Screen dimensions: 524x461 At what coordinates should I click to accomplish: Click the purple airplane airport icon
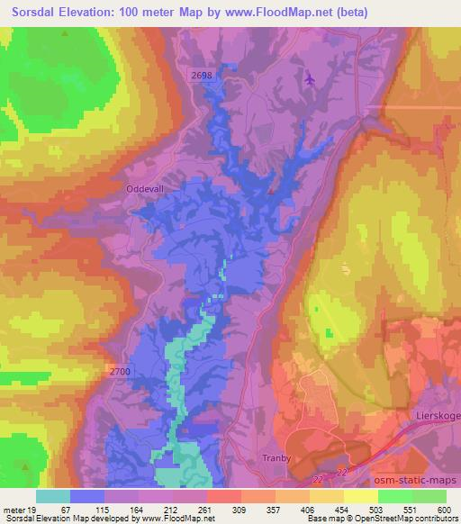pos(311,78)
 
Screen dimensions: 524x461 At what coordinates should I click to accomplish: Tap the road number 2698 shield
pos(202,77)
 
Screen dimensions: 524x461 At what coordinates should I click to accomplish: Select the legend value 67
pos(65,510)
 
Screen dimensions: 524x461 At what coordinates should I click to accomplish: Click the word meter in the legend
pos(14,510)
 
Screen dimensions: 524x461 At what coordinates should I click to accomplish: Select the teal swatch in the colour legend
pos(53,496)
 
